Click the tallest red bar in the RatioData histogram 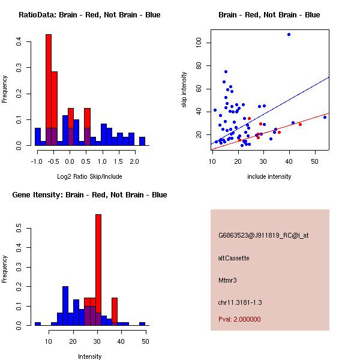tap(49, 90)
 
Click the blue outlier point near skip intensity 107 tap(289, 34)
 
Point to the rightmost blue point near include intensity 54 tap(325, 117)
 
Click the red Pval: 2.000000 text tap(239, 319)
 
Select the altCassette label tap(233, 258)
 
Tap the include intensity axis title tap(269, 176)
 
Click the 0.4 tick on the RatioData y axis tap(20, 42)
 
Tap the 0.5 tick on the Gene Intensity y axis tap(20, 229)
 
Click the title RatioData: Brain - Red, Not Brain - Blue tap(89, 15)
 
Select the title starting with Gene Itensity tap(89, 195)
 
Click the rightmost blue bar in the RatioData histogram tap(142, 142)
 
